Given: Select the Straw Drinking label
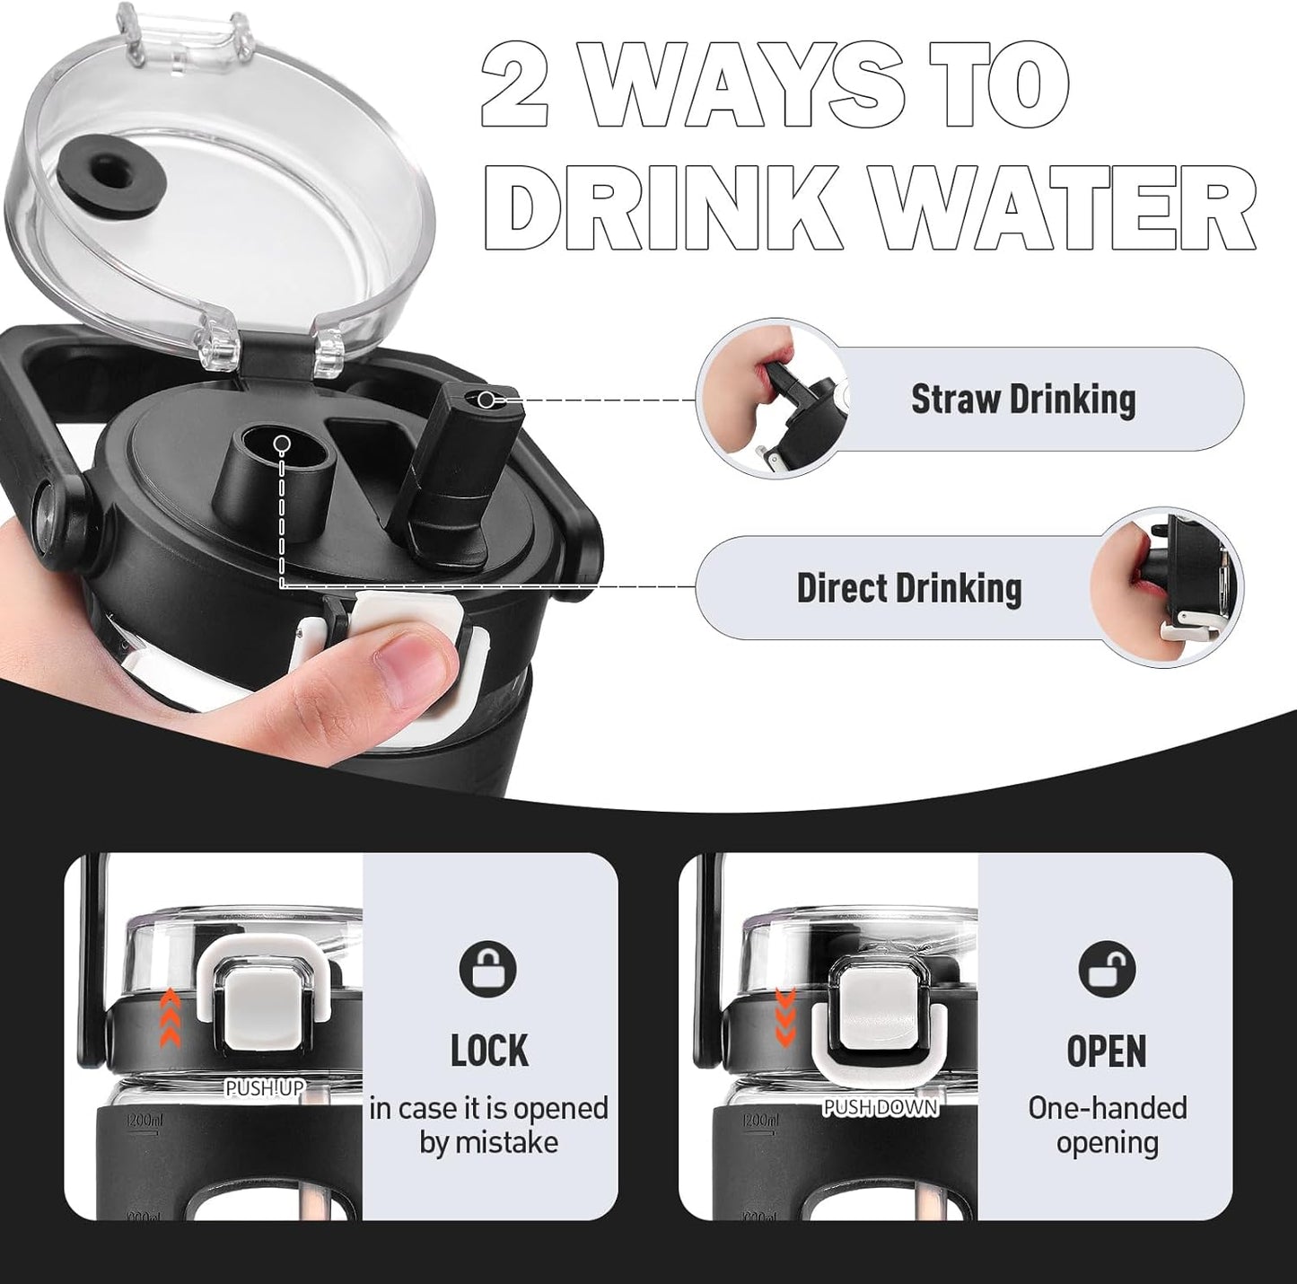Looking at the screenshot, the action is pos(1023,400).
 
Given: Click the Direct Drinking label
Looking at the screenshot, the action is pos(908,588).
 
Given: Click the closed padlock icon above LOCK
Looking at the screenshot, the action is pos(488,971).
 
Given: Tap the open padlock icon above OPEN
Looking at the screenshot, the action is pos(1108,971).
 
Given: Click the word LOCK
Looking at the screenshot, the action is pos(489,1050).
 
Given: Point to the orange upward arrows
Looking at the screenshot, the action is pos(171,1016).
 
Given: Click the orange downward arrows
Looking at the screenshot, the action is pos(784,1016).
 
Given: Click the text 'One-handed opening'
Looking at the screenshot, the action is pos(1108,1125).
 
